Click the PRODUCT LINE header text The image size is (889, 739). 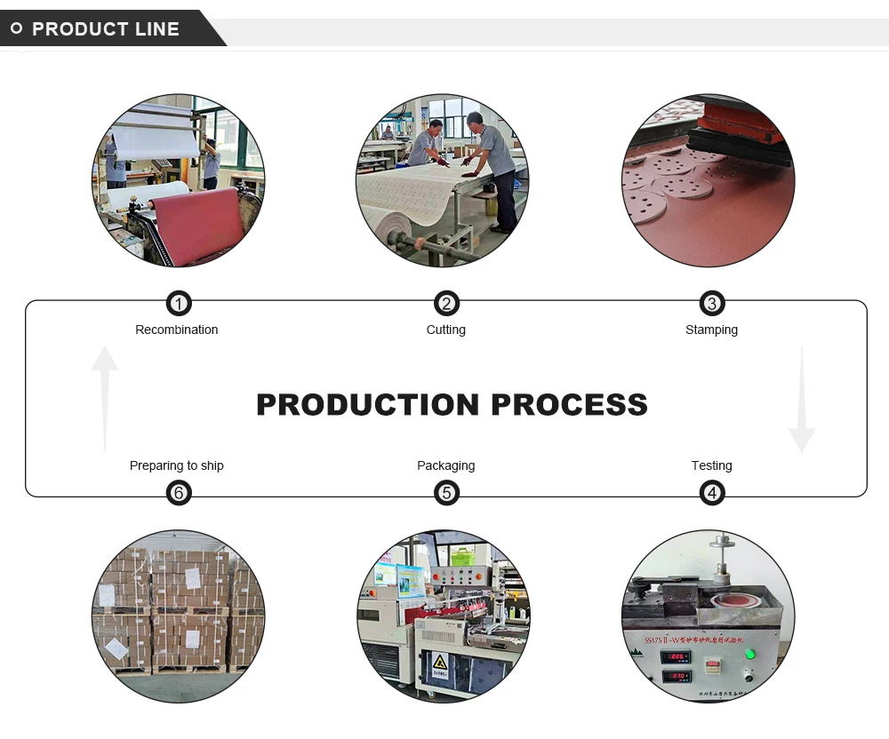click(105, 29)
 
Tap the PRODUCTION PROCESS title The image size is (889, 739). click(452, 404)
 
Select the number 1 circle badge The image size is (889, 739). click(179, 304)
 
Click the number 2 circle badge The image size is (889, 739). click(446, 304)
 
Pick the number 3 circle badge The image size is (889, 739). click(711, 304)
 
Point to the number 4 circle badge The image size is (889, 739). click(711, 492)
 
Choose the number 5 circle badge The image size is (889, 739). click(446, 492)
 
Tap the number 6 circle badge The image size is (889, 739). click(179, 492)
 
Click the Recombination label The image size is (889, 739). click(176, 330)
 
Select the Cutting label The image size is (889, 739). click(445, 330)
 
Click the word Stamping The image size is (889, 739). click(711, 330)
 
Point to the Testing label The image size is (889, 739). click(711, 465)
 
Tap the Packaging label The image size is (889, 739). click(445, 465)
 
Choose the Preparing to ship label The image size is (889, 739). click(176, 465)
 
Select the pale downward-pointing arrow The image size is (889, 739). click(801, 400)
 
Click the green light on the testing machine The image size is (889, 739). click(749, 655)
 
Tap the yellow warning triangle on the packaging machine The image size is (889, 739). click(439, 662)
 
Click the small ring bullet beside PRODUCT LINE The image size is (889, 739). click(16, 28)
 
